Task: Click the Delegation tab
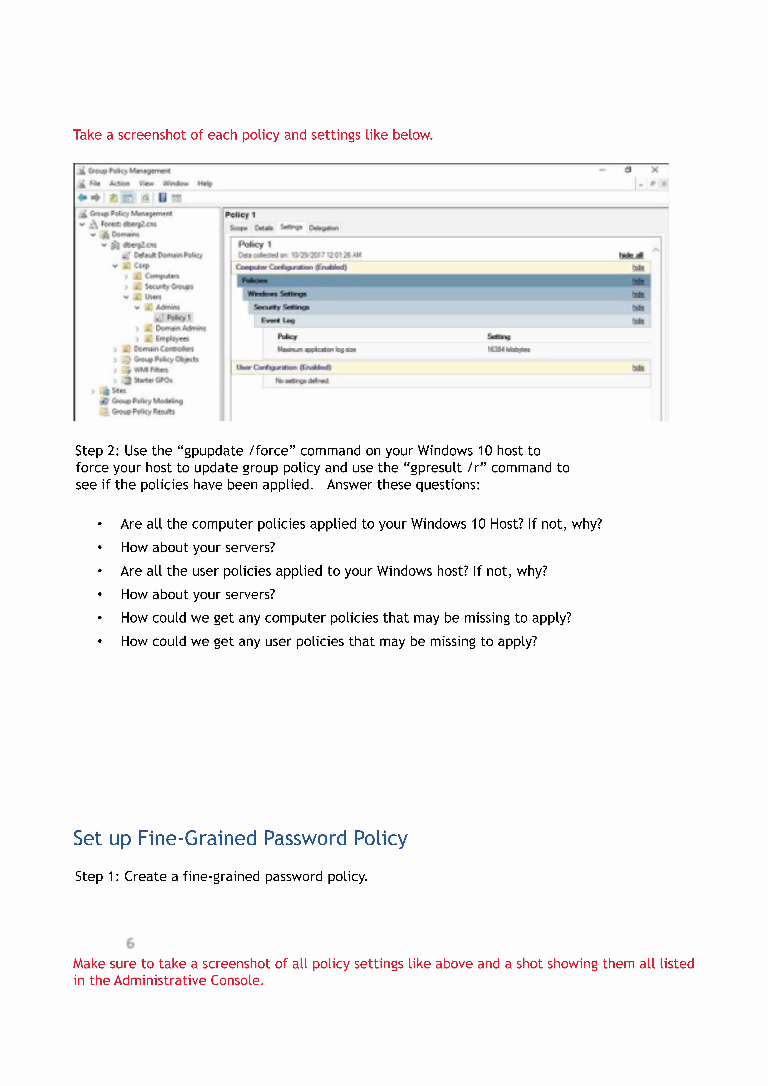(x=323, y=228)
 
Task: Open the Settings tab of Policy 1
(x=291, y=228)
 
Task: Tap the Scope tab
(x=238, y=228)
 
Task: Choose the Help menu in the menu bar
(x=205, y=184)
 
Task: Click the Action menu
(x=119, y=184)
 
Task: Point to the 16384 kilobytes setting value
(x=508, y=350)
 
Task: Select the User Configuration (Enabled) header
(x=284, y=368)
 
